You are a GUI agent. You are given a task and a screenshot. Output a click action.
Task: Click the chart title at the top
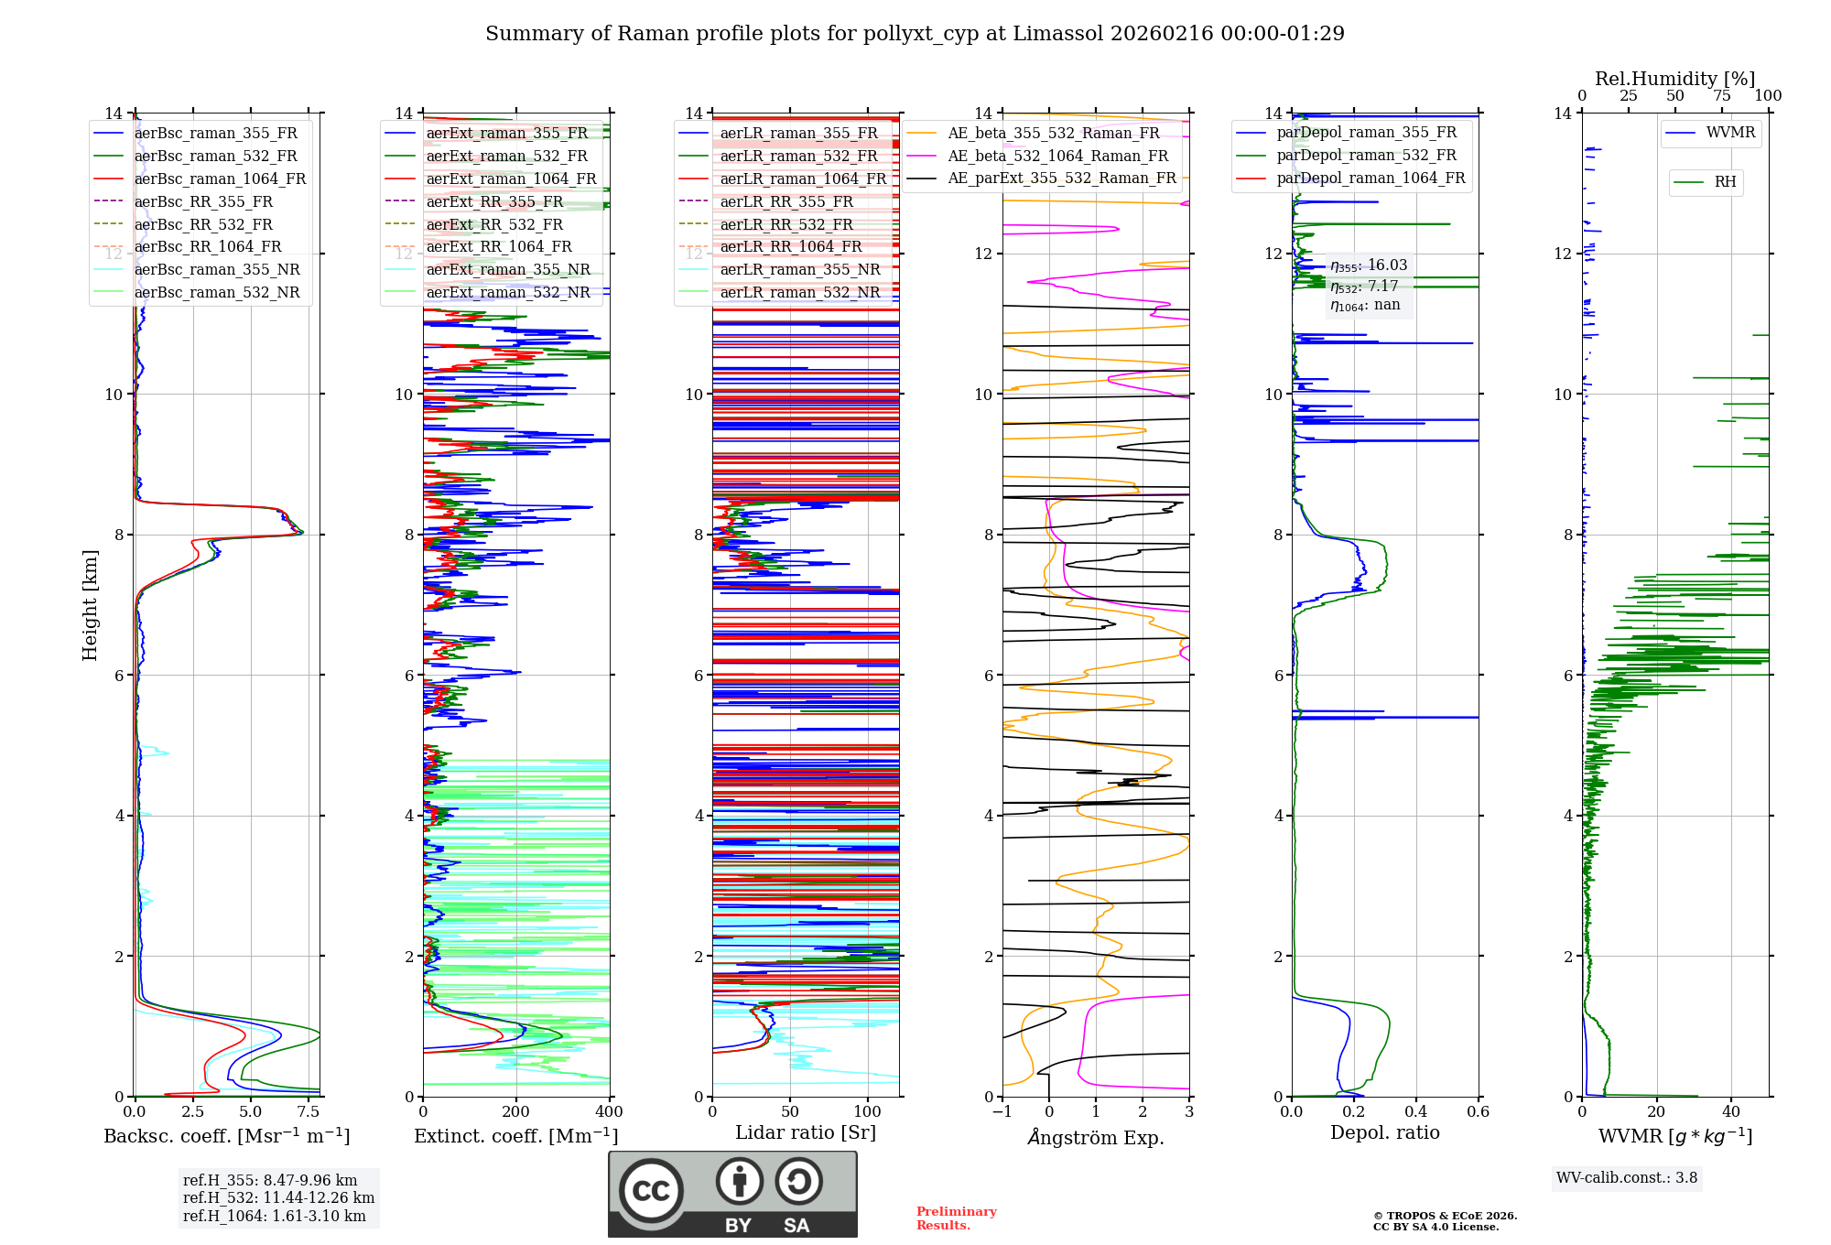point(915,34)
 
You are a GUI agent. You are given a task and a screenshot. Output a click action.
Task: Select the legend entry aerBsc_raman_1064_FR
point(220,179)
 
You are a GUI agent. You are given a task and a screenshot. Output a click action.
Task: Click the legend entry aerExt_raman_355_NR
point(508,269)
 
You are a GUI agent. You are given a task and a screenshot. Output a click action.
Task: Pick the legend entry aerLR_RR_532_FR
point(786,224)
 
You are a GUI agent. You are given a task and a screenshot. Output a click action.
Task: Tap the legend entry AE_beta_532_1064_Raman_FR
point(1057,156)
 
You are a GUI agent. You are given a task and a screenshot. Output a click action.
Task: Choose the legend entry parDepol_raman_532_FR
point(1366,156)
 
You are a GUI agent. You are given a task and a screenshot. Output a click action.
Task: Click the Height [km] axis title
point(90,604)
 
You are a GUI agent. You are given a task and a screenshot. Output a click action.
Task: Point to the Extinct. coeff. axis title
point(515,1136)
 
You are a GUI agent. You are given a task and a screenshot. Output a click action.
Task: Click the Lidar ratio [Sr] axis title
point(806,1132)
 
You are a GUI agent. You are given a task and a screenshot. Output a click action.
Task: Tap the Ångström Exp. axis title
point(1096,1137)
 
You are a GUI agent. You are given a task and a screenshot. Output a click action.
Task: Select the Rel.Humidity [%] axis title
point(1674,79)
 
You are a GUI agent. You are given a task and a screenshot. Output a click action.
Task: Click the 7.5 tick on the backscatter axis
point(309,1111)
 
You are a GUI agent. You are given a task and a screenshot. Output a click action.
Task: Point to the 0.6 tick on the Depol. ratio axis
point(1478,1111)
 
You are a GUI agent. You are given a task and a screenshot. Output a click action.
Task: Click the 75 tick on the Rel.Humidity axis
point(1721,96)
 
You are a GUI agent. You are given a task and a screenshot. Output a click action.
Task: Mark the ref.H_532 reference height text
point(278,1197)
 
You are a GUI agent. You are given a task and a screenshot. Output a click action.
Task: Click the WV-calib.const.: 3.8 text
point(1627,1177)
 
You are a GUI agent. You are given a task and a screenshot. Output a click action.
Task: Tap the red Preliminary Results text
point(956,1218)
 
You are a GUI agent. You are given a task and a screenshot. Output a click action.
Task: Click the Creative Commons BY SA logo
point(732,1194)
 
